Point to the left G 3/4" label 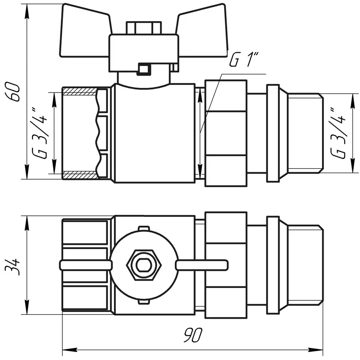pyautogui.click(x=42, y=133)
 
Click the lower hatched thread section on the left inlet pyautogui.click(x=80, y=175)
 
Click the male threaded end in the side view pyautogui.click(x=306, y=133)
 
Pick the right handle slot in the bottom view pyautogui.click(x=202, y=264)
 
